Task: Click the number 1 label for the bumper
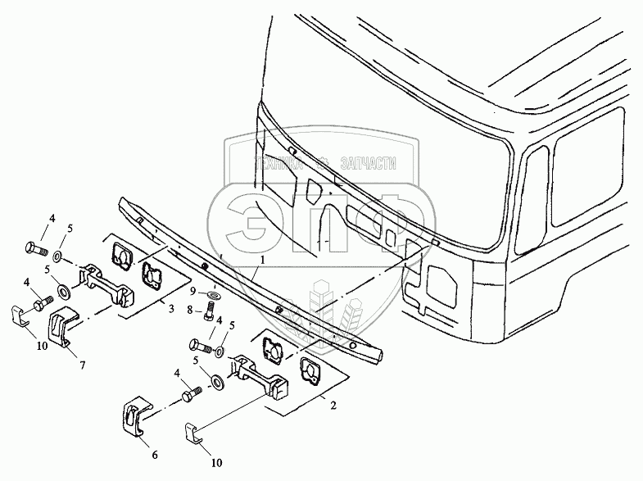pyautogui.click(x=261, y=258)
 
